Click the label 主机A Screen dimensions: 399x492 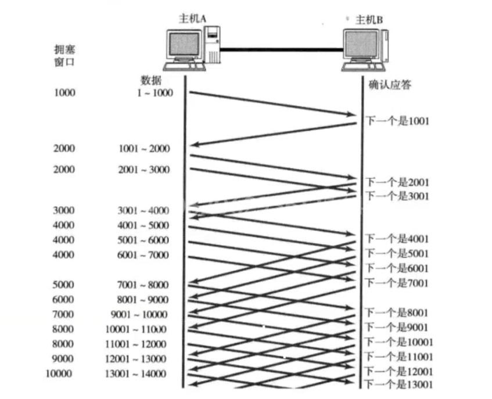point(192,19)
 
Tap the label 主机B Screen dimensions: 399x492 point(369,20)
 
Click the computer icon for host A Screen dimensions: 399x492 point(192,46)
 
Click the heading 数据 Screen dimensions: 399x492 point(151,80)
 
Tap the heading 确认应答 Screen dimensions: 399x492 point(390,84)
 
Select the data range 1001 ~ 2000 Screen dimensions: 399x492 point(144,149)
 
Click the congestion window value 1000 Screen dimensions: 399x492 point(64,93)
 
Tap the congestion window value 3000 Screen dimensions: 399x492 point(64,210)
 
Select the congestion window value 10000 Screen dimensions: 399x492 point(59,373)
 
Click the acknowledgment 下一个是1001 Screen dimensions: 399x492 point(397,121)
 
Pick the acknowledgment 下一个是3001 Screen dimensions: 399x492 point(397,196)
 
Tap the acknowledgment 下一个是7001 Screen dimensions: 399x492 point(397,283)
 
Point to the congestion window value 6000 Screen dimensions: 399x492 point(64,300)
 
